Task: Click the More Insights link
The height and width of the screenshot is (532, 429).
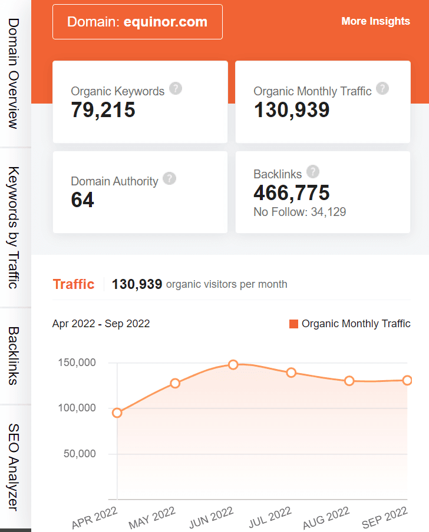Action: click(375, 21)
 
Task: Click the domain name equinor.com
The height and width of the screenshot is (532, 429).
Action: click(166, 22)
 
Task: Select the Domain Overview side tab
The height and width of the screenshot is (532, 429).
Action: click(14, 73)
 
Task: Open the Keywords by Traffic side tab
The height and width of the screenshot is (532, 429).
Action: click(14, 227)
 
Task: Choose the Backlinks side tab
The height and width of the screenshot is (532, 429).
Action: click(14, 355)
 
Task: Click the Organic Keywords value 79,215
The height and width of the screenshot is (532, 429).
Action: click(103, 109)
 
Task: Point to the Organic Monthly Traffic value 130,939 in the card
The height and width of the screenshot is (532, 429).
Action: click(292, 109)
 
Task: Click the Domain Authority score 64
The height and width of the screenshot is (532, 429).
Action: click(82, 200)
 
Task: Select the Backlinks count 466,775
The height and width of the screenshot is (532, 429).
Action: click(292, 192)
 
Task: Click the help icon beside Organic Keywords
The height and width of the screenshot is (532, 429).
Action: click(176, 88)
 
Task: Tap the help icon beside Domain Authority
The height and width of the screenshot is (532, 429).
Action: click(169, 178)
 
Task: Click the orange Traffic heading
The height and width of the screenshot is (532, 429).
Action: click(74, 284)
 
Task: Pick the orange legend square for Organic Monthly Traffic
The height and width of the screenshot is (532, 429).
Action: click(294, 324)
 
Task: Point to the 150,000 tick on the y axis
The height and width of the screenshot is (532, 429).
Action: click(77, 363)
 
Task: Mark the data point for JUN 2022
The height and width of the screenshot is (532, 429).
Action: click(233, 365)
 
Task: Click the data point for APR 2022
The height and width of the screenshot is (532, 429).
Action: click(117, 413)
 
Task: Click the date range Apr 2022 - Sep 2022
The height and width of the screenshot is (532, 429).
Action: click(101, 324)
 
